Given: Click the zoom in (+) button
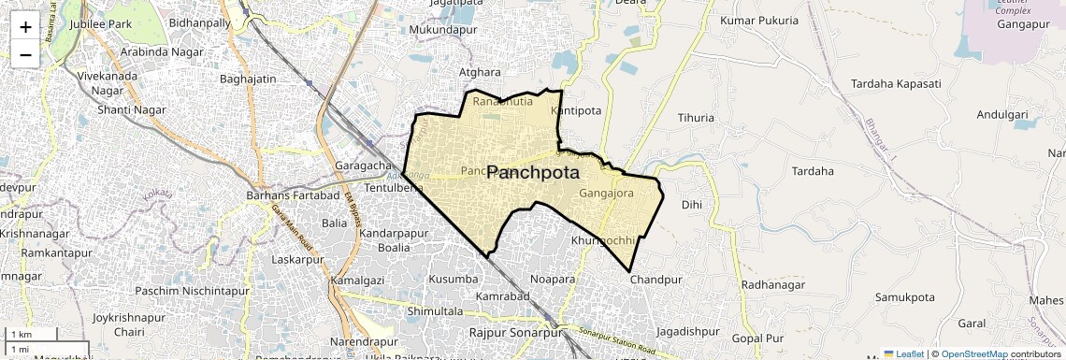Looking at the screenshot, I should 25,26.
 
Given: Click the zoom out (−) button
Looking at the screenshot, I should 25,54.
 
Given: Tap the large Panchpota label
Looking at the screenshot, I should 533,173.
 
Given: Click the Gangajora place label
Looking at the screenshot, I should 606,194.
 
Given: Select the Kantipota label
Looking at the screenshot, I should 577,110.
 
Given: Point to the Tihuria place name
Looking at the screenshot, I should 696,118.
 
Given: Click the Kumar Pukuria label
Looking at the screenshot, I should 759,20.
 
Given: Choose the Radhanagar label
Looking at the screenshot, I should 772,285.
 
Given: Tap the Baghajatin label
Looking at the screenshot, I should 248,79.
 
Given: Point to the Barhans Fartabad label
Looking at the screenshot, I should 292,195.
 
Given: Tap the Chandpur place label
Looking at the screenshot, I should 655,280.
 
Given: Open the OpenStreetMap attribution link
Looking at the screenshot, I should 973,354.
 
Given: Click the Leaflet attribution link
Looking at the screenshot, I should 903,354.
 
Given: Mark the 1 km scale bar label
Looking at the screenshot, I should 22,335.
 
